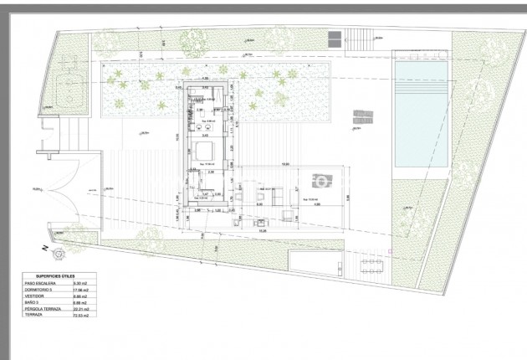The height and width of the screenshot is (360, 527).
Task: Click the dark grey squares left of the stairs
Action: pos(334,39)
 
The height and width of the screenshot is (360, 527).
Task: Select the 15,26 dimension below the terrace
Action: pos(263,230)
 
